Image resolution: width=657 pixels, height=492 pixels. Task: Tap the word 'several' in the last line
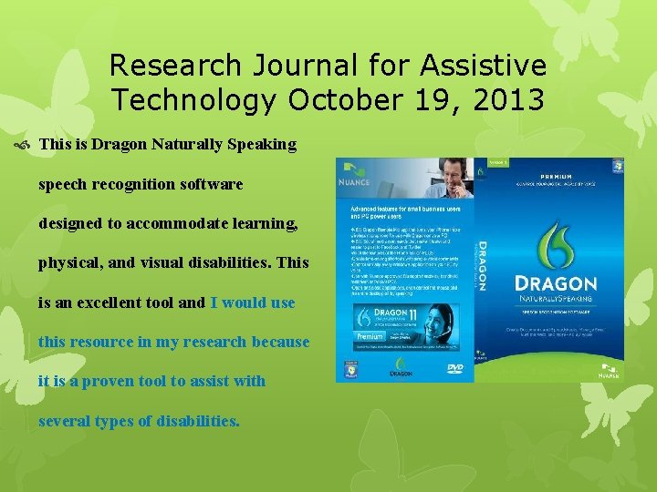(67, 420)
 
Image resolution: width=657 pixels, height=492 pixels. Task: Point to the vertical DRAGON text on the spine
(482, 264)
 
